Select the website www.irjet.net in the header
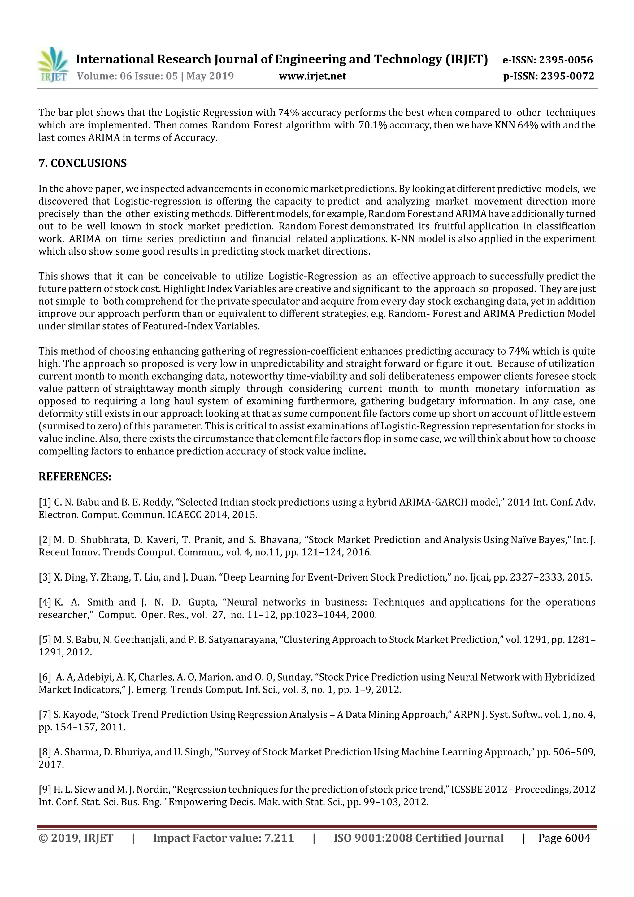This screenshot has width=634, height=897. [312, 76]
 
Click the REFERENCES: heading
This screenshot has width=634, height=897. [75, 477]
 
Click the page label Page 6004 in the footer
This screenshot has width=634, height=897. [564, 838]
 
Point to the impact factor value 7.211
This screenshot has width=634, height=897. [279, 838]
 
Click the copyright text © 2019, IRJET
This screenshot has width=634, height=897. [76, 838]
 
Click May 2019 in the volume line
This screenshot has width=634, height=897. [210, 76]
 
